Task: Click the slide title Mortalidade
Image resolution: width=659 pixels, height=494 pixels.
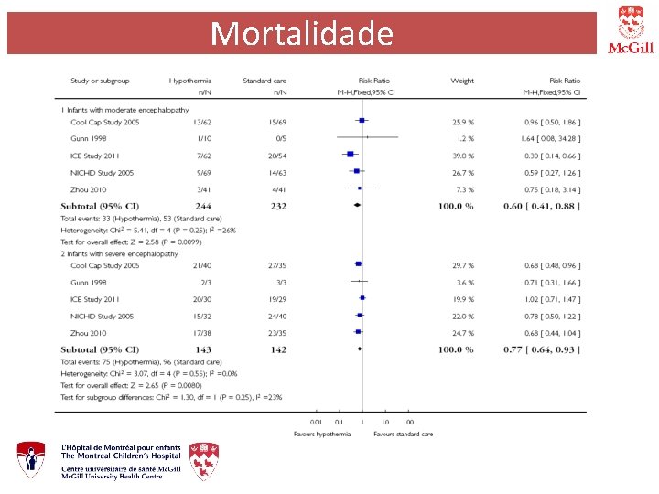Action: tap(301, 34)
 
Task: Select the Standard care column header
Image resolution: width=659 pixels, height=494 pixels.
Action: tap(265, 81)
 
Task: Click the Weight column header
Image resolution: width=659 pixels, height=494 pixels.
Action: tap(462, 81)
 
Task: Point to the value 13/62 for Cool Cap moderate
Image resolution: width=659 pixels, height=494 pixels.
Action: tap(202, 121)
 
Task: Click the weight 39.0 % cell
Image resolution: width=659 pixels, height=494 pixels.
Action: tap(463, 156)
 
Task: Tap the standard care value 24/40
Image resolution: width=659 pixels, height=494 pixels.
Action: tap(275, 316)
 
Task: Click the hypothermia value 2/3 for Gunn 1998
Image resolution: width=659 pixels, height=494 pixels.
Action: tap(204, 282)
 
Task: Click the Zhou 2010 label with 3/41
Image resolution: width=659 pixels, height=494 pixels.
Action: tap(90, 189)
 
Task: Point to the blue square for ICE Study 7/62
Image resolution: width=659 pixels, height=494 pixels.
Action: tap(351, 156)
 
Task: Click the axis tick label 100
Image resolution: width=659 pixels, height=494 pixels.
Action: tap(408, 422)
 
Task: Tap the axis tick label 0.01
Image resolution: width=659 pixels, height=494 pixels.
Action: tap(316, 422)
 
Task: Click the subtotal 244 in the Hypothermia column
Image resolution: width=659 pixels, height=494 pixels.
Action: tap(202, 207)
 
